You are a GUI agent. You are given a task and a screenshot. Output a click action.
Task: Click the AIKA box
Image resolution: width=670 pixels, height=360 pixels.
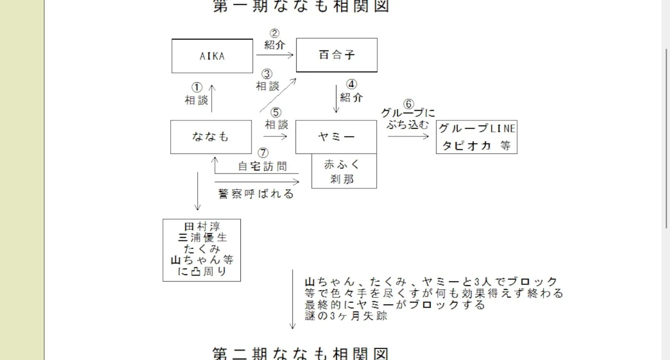tap(212, 56)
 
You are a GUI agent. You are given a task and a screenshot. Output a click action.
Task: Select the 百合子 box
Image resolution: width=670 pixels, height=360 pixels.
tap(336, 55)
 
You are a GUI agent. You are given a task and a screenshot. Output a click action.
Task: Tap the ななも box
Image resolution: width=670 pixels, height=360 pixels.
tap(211, 136)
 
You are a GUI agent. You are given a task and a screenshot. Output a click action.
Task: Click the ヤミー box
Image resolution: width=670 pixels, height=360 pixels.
tap(336, 136)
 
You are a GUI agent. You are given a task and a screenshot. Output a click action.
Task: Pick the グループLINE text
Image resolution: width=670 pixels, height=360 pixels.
tap(476, 128)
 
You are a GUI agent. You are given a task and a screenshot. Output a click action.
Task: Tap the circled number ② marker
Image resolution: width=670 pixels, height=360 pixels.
tap(275, 34)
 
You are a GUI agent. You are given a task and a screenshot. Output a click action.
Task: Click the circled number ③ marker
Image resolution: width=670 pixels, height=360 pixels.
tap(267, 74)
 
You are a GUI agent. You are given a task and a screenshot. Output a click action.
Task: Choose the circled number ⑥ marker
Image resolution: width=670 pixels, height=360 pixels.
tap(409, 104)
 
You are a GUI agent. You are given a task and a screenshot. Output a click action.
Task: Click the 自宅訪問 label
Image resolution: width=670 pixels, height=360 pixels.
tap(263, 166)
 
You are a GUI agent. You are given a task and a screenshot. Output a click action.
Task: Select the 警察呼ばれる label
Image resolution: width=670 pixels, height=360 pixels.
tap(256, 193)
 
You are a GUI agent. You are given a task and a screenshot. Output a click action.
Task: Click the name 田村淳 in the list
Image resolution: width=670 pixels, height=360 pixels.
tap(202, 226)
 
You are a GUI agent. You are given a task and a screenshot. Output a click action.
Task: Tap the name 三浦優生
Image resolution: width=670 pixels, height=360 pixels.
tap(202, 238)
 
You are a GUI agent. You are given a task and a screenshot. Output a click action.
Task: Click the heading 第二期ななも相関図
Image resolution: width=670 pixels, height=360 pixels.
tap(301, 353)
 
